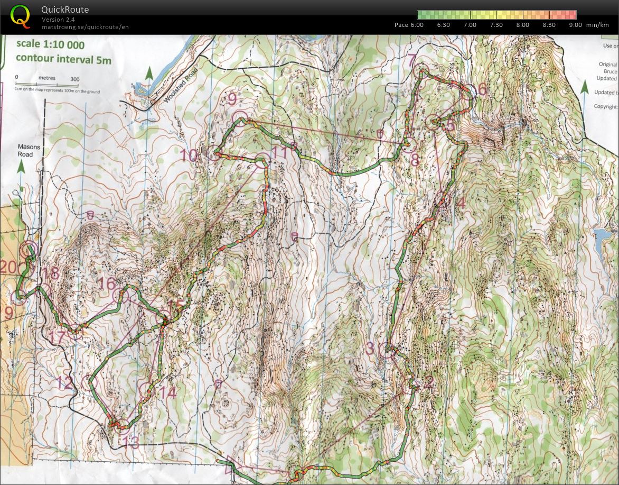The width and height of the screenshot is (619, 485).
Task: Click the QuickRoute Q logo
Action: tap(20, 16)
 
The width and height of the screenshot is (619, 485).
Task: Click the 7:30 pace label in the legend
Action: tap(496, 25)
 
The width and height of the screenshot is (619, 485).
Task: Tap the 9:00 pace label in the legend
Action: tap(575, 25)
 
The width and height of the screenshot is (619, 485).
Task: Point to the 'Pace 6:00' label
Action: tap(409, 25)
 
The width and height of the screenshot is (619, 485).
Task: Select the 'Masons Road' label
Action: tap(25, 151)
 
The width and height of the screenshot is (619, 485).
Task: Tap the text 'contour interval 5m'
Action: tap(63, 59)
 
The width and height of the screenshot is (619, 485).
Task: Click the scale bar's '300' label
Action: tap(74, 79)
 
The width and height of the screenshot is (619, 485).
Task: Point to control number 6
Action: tap(481, 89)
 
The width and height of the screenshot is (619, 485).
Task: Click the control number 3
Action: tap(370, 348)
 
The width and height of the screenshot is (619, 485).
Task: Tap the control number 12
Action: tap(64, 383)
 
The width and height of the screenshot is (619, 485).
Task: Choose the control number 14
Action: tap(168, 392)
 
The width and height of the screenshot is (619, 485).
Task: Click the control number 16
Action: tap(107, 283)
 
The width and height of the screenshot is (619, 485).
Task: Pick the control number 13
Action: tap(130, 441)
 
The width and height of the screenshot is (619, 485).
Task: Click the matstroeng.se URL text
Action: tap(85, 26)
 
